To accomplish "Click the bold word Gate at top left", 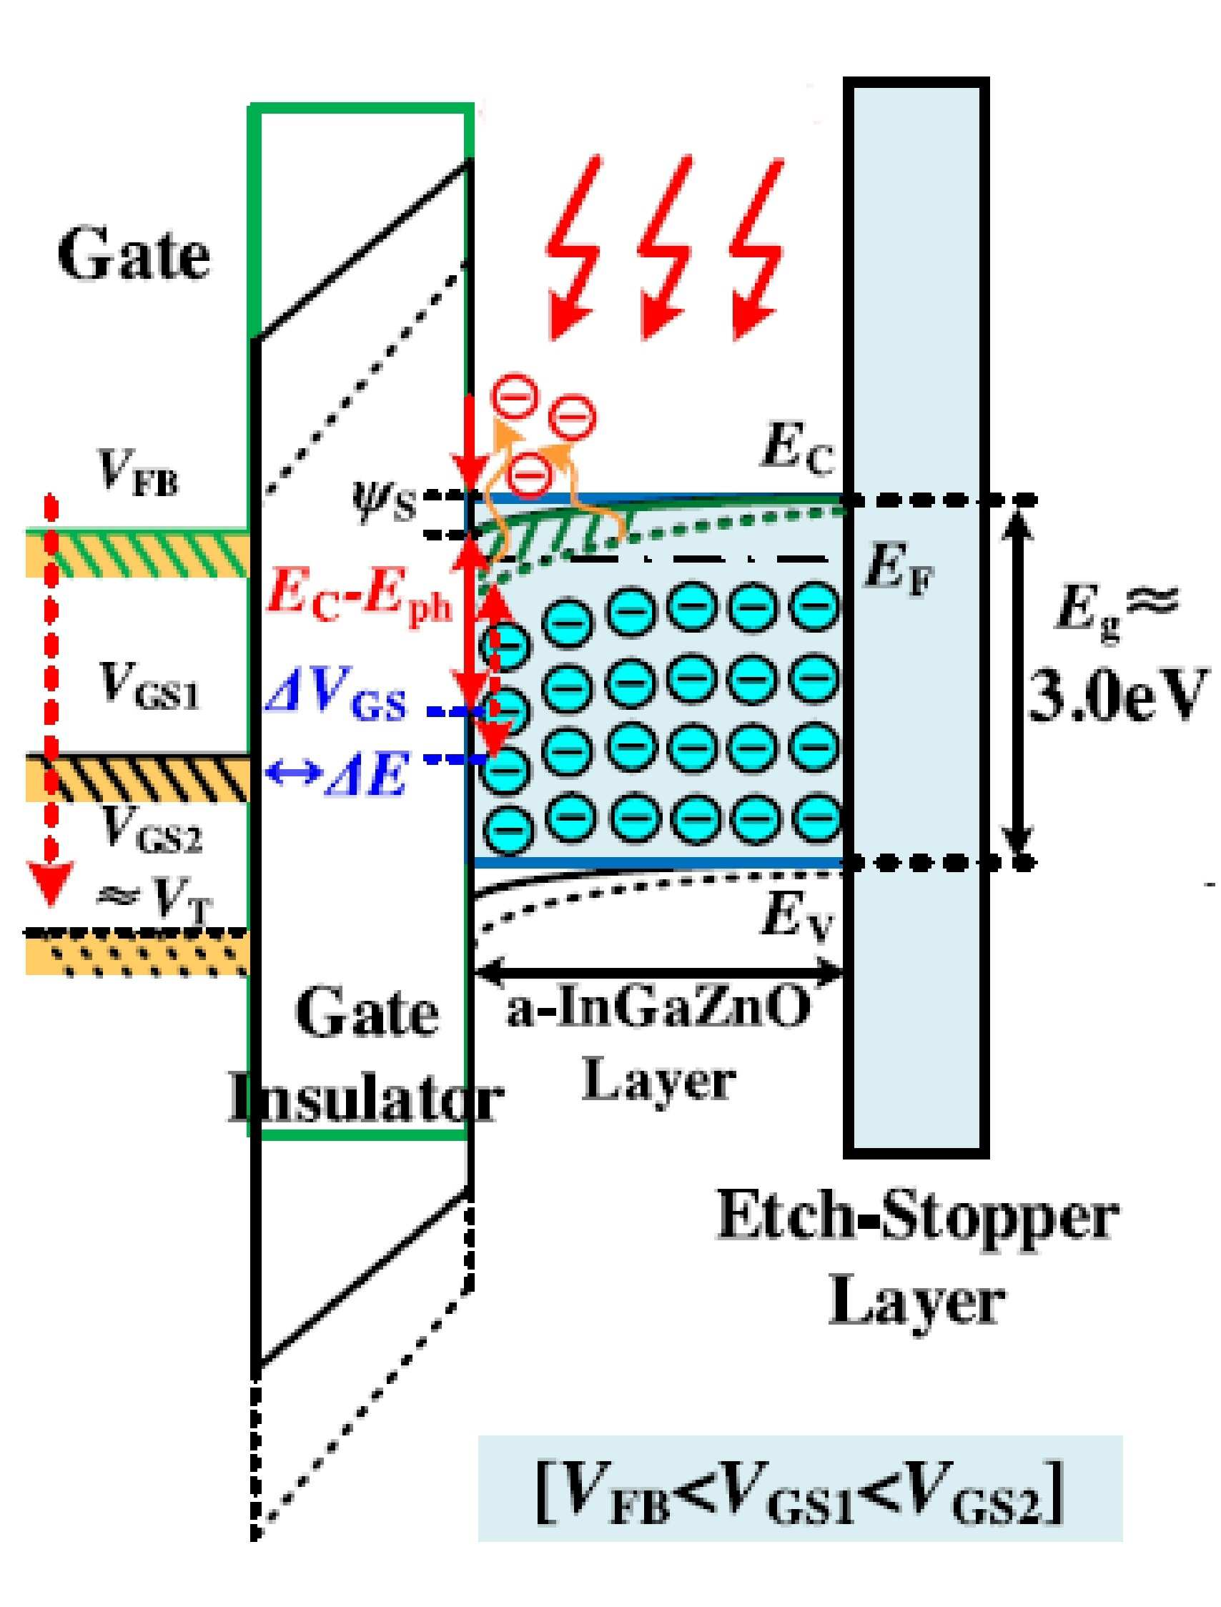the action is click(134, 255).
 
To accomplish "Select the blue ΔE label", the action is click(337, 774).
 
